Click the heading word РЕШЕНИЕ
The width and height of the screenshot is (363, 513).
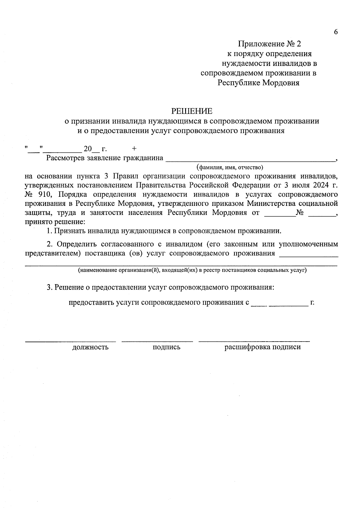192,111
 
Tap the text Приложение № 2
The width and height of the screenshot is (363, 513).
270,44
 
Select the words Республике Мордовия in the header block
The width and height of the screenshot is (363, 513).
259,83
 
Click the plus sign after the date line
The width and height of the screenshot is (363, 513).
134,148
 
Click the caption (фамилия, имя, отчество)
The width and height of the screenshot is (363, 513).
230,167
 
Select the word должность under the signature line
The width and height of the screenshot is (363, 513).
90,347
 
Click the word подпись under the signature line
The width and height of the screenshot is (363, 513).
166,347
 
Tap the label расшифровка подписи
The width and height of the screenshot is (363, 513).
262,347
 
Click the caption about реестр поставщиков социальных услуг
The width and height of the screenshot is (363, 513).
192,270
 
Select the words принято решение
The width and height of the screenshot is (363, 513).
55,222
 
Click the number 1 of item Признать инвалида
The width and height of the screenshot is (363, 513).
49,231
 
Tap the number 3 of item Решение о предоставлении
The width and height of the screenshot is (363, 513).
49,287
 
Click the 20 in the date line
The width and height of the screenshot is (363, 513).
87,149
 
